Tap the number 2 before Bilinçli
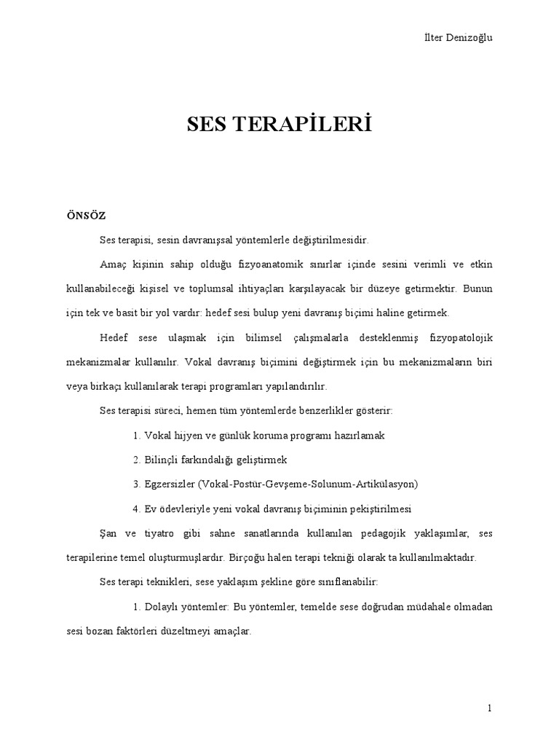tap(136, 460)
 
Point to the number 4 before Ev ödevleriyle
tap(136, 509)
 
